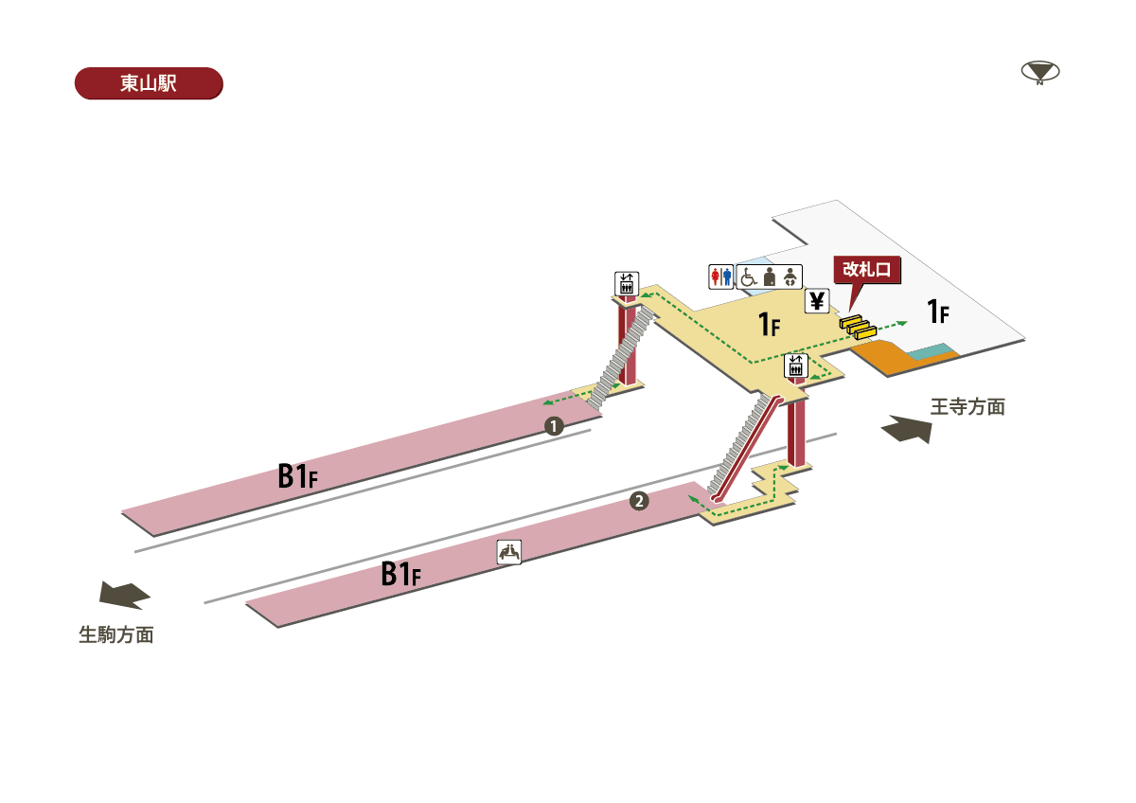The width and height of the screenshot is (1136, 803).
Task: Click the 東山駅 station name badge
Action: pos(149,83)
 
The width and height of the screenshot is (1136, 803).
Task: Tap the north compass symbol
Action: pos(1040,73)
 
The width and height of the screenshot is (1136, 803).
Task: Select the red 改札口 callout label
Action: pos(867,270)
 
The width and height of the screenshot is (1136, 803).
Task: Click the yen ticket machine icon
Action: pos(816,301)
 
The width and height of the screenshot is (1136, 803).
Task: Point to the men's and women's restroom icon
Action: pos(720,277)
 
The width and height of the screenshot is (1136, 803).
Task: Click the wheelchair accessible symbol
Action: pos(748,277)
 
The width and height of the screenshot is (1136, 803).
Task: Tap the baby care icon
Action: pos(790,277)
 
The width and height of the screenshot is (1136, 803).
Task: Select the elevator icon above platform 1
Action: pos(627,284)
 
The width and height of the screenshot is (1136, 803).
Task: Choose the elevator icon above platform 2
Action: pos(796,366)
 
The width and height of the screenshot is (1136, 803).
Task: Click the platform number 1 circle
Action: pos(554,426)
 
